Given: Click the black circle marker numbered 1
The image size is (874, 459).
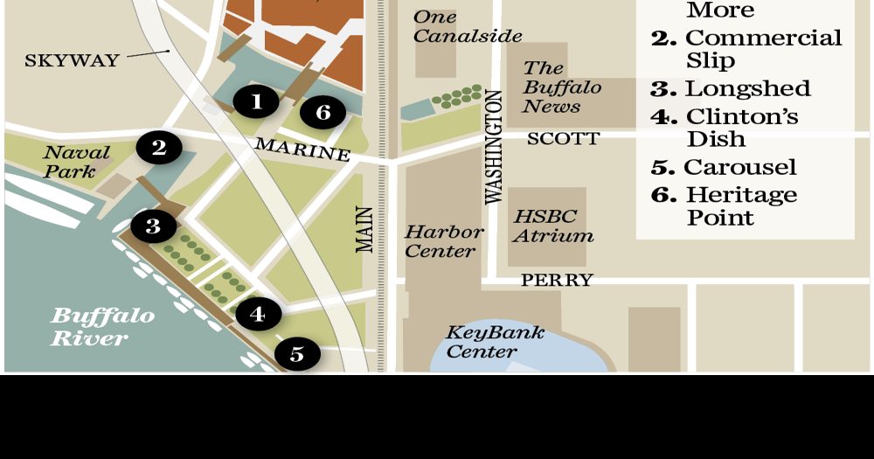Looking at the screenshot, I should click(255, 102).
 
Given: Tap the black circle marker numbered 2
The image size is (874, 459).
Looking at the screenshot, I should click(158, 148).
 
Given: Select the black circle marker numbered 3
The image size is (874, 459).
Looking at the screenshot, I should click(153, 227).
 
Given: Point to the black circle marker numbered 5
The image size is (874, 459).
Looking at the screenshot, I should click(297, 354).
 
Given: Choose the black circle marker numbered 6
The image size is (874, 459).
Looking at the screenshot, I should click(323, 112).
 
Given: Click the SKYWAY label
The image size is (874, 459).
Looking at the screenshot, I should click(72, 60).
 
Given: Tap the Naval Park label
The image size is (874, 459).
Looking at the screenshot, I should click(77, 162).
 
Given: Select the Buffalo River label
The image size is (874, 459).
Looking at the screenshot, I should click(102, 327).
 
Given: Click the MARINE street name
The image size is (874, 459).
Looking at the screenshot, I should click(302, 149).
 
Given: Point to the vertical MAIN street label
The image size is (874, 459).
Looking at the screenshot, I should click(365, 229).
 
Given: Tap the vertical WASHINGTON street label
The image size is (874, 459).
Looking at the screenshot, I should click(494, 147).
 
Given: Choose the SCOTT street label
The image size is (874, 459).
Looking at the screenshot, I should click(563, 139).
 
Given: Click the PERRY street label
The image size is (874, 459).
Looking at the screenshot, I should click(557, 281).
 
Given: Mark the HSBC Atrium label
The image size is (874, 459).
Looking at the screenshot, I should click(552, 226).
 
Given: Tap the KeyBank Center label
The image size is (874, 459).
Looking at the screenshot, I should click(495, 342).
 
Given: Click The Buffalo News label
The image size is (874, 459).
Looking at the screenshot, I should click(562, 87).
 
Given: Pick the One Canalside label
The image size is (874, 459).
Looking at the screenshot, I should click(467, 27).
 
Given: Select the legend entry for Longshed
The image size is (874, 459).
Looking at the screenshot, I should click(731, 89).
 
